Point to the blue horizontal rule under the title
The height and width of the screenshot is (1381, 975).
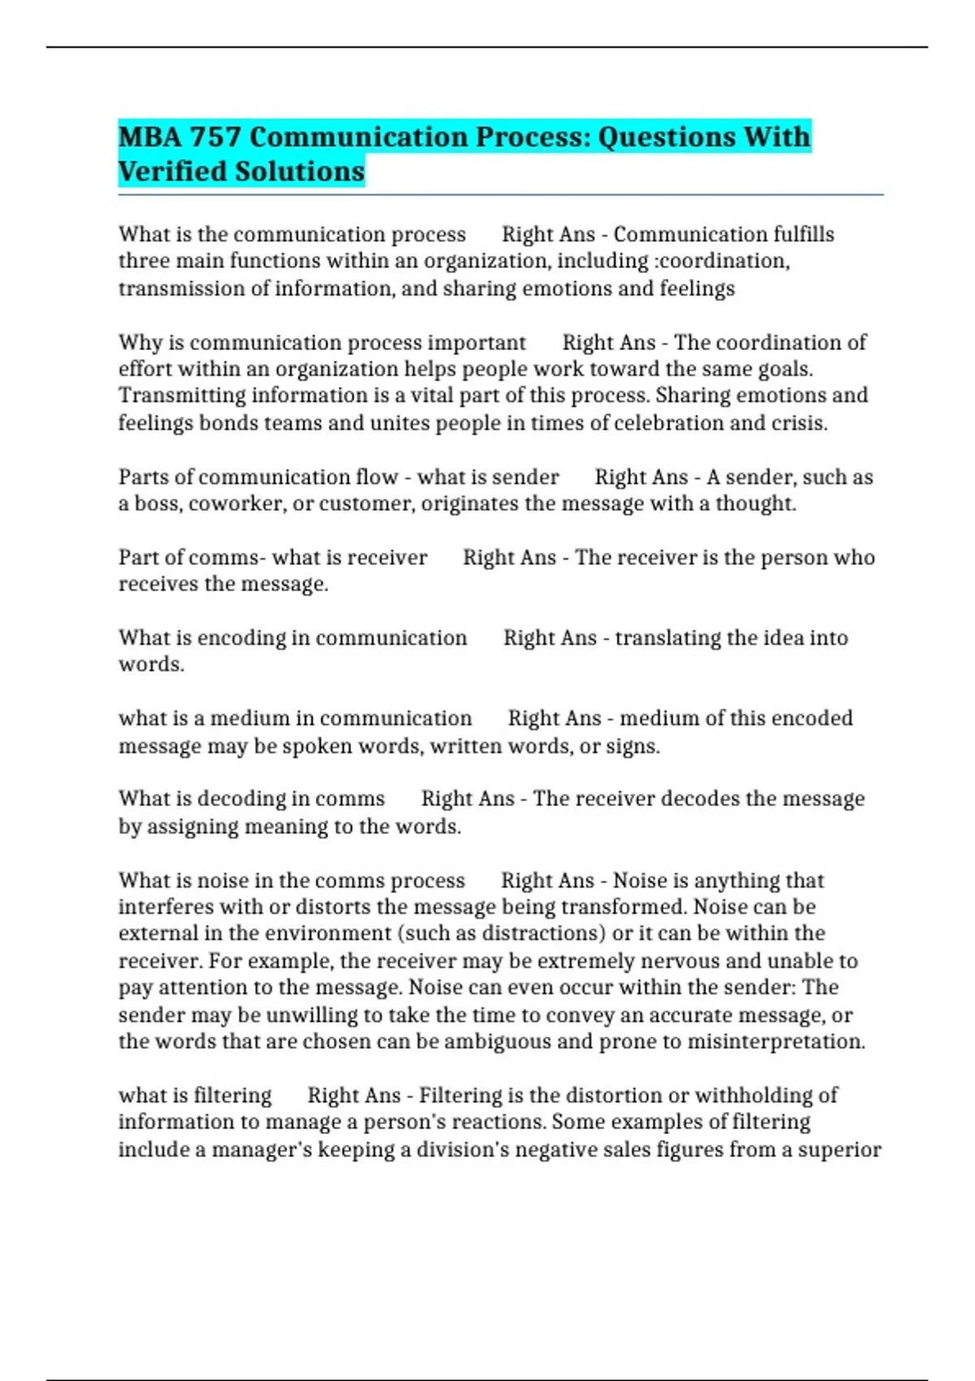point(500,196)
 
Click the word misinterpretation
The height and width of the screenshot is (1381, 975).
point(776,1041)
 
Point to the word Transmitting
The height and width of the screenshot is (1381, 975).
point(182,396)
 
